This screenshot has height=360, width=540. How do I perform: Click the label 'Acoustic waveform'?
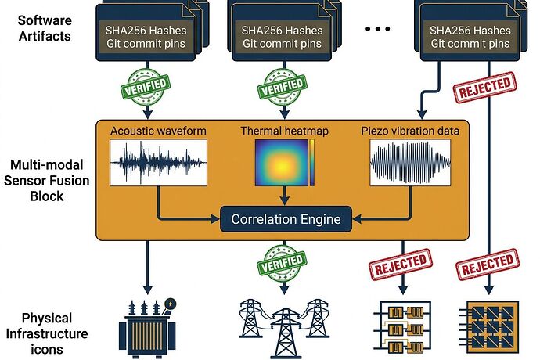point(157,131)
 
